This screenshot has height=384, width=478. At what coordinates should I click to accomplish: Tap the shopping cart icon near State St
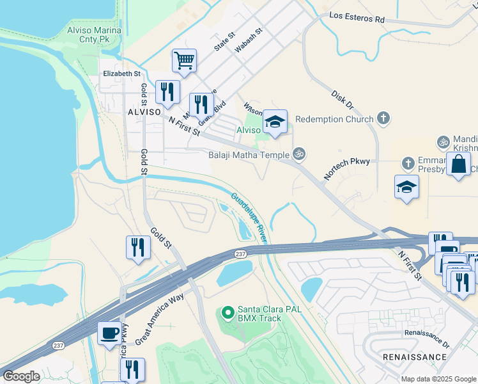[184, 61]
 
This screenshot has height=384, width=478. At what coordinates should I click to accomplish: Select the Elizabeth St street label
[121, 74]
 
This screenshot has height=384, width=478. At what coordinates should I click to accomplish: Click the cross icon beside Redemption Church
[383, 118]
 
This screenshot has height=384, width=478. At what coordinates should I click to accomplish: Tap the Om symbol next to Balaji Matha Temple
[297, 154]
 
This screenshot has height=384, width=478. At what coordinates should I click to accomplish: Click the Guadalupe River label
[249, 218]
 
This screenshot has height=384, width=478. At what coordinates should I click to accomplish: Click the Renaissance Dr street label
[427, 333]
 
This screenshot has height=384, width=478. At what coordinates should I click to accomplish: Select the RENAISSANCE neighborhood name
[414, 356]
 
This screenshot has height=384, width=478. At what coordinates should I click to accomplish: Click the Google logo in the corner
[21, 376]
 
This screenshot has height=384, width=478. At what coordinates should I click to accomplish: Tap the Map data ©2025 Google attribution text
[438, 379]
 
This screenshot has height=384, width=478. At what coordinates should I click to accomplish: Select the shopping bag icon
[459, 164]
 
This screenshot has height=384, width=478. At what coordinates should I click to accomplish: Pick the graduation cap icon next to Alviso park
[275, 121]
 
